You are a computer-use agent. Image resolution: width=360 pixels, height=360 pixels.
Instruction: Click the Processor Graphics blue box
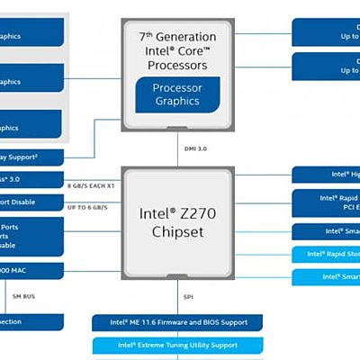coord(177,94)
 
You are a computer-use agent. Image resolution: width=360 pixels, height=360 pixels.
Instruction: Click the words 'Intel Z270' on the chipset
coord(177,214)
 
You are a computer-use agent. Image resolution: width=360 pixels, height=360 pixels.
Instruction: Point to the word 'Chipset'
coord(177,232)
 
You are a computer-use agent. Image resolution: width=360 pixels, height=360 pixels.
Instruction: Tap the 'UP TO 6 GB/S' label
coord(87,207)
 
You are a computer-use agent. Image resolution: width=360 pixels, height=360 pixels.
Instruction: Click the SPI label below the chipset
coord(187,296)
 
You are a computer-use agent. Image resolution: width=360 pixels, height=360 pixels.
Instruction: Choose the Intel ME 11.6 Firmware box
coord(176,321)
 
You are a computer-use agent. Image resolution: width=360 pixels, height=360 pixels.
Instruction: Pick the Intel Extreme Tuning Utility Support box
coord(176,345)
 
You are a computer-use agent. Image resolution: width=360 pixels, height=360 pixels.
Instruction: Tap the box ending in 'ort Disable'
coord(31,202)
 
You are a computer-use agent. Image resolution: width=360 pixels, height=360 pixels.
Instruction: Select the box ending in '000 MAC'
coord(31,271)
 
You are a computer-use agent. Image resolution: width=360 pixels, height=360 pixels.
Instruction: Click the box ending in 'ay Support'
coord(31,157)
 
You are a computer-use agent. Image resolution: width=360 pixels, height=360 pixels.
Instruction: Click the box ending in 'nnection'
coord(31,321)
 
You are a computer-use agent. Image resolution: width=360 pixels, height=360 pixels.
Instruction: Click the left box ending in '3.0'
coord(31,179)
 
